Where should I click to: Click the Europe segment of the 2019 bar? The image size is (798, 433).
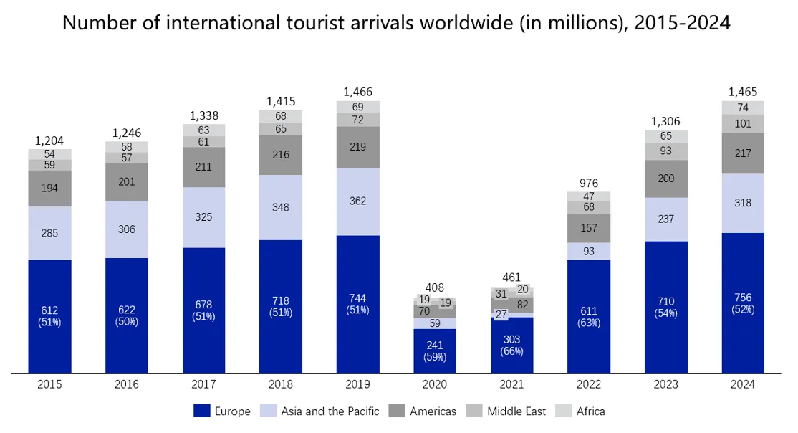(357, 304)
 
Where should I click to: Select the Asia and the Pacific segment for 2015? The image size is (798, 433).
(49, 233)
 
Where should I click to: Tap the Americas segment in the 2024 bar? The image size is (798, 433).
(743, 153)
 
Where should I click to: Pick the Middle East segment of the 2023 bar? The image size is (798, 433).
(665, 151)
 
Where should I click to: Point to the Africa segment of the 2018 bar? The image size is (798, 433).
(280, 116)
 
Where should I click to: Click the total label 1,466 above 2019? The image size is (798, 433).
(357, 92)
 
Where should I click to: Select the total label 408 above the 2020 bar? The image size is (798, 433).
(435, 287)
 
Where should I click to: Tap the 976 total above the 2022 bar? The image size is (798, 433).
(589, 183)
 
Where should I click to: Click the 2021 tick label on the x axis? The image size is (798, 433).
(511, 384)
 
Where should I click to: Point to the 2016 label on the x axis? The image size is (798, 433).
(126, 384)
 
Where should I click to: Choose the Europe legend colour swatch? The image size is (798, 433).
(201, 411)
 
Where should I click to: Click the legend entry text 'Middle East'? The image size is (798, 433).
(516, 411)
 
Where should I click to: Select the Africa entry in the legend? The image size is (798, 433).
(580, 411)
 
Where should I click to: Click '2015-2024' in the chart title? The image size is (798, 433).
(682, 23)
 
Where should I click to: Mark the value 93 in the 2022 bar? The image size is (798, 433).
(589, 251)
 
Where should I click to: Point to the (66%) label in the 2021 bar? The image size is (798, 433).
(511, 351)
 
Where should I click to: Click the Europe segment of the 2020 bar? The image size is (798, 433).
(435, 351)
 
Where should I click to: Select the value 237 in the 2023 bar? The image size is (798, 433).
(665, 219)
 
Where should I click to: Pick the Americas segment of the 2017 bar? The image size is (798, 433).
(203, 167)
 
